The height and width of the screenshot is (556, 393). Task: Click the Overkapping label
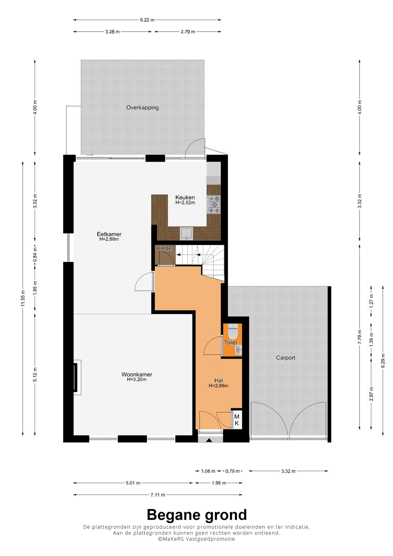pos(142,107)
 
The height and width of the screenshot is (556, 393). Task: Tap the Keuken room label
pos(185,197)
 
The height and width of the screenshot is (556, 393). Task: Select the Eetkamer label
pos(109,234)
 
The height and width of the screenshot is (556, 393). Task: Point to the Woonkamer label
pos(137,374)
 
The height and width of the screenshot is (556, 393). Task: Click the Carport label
pos(286,358)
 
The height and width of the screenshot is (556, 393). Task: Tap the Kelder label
pos(165,248)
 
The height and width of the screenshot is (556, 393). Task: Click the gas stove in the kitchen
pos(214,204)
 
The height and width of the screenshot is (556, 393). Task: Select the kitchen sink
pos(186,233)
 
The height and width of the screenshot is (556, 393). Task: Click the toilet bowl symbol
pos(233,332)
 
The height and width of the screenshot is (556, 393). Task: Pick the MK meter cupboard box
pos(237,419)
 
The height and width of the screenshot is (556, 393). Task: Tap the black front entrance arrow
pos(209,440)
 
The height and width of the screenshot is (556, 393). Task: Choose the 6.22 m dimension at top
pos(147,20)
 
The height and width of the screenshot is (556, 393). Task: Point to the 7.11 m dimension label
pos(158,488)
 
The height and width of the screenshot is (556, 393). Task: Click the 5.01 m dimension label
pos(133,476)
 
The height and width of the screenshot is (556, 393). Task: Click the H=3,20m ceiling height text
pos(137,379)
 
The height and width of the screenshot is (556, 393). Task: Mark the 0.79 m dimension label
pos(232,464)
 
